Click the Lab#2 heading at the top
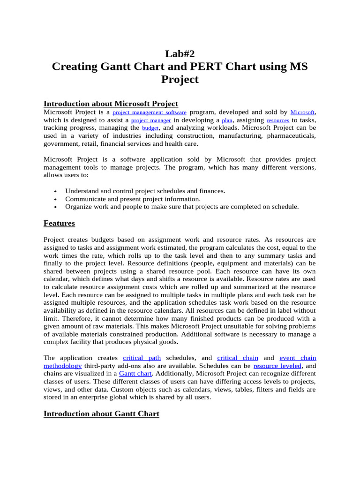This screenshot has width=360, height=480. tap(180, 53)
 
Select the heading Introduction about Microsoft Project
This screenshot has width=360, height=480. tap(111, 104)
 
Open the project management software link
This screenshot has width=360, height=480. tap(150, 112)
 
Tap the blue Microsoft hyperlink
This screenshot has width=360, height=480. tap(302, 112)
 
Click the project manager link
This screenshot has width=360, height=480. tap(150, 120)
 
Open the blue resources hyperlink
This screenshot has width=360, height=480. tap(277, 120)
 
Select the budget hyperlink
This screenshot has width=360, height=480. tap(150, 128)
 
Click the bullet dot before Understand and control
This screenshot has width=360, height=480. tap(56, 192)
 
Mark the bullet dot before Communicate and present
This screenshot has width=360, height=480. tap(56, 199)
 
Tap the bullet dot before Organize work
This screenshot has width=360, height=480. tap(56, 207)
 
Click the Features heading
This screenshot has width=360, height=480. tap(59, 223)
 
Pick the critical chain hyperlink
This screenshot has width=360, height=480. tap(238, 358)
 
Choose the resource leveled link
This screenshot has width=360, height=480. tap(277, 366)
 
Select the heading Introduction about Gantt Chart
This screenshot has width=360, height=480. tap(101, 414)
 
